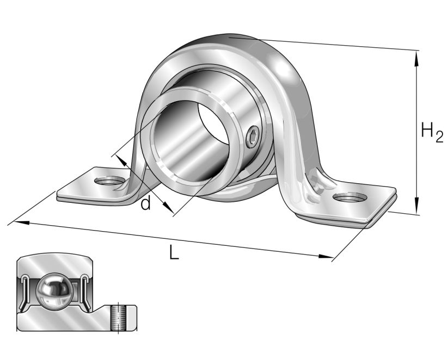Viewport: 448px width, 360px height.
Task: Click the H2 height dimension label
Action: tap(431, 132)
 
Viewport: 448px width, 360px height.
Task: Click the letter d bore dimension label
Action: tap(145, 203)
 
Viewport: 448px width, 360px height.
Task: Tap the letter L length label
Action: tap(174, 252)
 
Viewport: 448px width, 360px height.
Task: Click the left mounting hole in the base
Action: tap(108, 180)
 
